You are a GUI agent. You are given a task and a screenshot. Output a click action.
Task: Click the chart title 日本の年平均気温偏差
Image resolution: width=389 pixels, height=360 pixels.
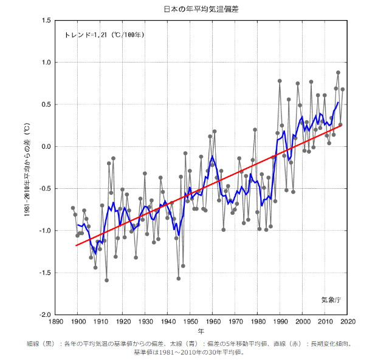tap(200, 8)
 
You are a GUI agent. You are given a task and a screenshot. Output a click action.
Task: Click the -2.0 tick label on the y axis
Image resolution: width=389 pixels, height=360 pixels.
tap(44, 315)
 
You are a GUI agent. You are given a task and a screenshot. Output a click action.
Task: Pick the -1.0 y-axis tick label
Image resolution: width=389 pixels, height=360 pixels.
tap(44, 231)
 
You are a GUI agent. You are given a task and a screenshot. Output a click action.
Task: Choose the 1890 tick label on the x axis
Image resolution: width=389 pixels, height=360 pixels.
tap(56, 323)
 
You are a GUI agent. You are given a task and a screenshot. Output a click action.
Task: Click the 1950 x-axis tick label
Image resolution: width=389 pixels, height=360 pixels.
tap(190, 323)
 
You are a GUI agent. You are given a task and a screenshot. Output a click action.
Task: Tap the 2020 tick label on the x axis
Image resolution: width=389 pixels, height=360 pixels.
tap(347, 323)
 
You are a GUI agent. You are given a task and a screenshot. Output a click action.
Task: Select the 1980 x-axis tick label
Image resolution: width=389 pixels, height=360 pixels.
tap(258, 323)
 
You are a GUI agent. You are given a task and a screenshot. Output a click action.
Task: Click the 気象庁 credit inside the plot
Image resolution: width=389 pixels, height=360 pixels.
tap(331, 300)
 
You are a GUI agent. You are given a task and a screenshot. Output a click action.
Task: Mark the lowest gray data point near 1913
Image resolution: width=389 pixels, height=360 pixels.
tap(107, 280)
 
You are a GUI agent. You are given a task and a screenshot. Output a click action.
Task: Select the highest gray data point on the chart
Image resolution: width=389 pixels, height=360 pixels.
tap(338, 73)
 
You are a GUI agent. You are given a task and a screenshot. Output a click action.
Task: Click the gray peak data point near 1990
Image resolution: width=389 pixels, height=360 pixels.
tap(280, 81)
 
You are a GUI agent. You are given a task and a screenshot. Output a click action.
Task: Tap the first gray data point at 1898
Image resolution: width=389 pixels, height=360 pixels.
tap(73, 208)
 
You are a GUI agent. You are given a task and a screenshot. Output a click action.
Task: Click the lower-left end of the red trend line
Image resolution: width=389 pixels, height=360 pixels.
tap(76, 246)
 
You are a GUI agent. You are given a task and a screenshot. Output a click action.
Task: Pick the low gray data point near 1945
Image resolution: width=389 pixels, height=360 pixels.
tap(179, 279)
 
